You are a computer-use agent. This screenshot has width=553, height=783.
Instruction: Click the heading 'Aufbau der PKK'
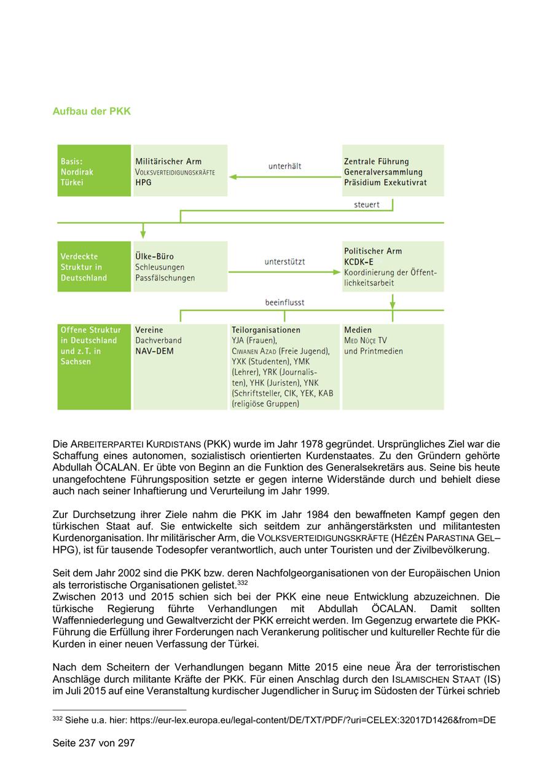[x=92, y=111]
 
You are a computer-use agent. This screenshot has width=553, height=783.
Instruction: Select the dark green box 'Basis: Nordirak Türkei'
[x=93, y=171]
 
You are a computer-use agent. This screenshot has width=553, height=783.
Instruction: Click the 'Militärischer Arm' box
[x=179, y=171]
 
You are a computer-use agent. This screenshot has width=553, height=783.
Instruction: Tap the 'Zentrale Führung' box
[x=393, y=171]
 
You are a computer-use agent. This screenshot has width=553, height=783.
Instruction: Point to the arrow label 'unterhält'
[x=284, y=166]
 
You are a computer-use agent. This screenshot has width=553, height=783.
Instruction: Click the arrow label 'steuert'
[x=367, y=205]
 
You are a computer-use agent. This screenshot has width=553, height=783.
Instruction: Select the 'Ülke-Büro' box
[x=179, y=266]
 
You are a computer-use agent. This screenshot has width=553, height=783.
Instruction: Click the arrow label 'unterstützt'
[x=284, y=261]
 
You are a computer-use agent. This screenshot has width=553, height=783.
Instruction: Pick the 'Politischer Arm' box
[x=393, y=266]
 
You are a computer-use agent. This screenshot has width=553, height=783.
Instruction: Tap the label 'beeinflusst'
[x=284, y=303]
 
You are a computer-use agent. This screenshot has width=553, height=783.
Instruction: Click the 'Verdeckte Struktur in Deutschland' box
[x=93, y=266]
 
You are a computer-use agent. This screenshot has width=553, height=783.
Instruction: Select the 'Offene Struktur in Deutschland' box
[x=93, y=367]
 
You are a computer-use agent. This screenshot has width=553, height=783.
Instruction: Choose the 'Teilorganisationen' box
[x=284, y=367]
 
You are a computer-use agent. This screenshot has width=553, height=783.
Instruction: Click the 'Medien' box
[x=393, y=367]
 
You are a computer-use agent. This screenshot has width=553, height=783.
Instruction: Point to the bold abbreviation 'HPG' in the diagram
[x=143, y=183]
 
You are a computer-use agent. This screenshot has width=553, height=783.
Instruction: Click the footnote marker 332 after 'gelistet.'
[x=242, y=582]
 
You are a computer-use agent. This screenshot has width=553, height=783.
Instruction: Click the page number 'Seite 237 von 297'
[x=93, y=743]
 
